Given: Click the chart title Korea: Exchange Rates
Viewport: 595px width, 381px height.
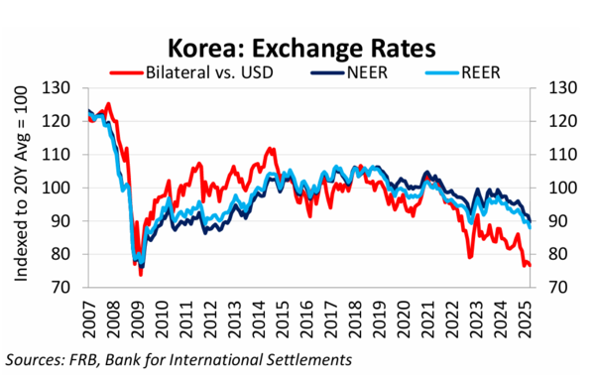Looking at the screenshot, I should (x=297, y=47).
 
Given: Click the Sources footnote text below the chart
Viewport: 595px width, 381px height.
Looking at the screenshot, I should (x=179, y=357).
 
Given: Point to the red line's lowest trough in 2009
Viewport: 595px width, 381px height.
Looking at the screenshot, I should (x=140, y=273).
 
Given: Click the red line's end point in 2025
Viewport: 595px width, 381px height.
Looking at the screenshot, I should (x=530, y=265).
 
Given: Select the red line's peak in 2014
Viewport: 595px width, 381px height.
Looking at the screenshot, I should (x=270, y=149).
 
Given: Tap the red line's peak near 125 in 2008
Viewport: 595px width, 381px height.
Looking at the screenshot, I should (x=108, y=104).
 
